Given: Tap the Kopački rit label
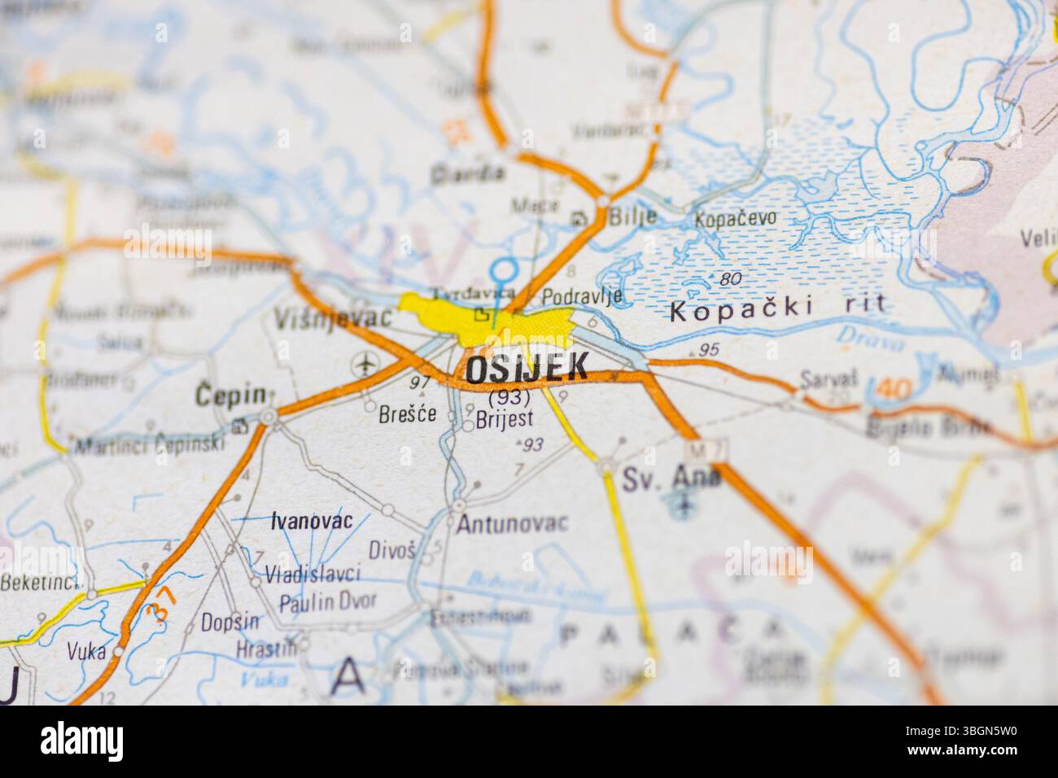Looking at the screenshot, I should click(x=776, y=310).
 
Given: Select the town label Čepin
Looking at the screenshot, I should click(x=231, y=396).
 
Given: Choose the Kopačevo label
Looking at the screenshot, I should click(x=736, y=218).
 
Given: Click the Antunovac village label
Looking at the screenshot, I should click(x=511, y=524).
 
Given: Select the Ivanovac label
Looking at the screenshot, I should click(x=312, y=521).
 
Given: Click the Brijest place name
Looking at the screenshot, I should click(x=505, y=418).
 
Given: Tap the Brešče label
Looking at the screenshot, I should click(x=407, y=414).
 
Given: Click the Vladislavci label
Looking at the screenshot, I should click(x=313, y=575).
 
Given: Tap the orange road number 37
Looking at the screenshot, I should click(x=161, y=603).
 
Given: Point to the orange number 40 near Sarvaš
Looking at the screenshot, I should click(x=894, y=390).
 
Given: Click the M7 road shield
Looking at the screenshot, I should click(x=696, y=448).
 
